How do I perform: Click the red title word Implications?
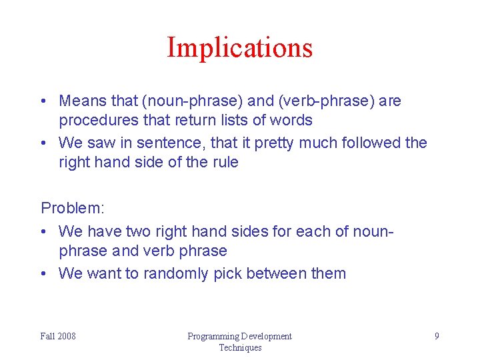pyautogui.click(x=239, y=48)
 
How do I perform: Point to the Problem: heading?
pyautogui.click(x=73, y=208)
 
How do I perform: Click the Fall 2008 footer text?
pyautogui.click(x=58, y=336)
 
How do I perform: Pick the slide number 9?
pyautogui.click(x=437, y=336)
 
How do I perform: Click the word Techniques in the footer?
pyautogui.click(x=240, y=347)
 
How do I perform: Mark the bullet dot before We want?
pyautogui.click(x=44, y=273)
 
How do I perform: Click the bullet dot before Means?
pyautogui.click(x=44, y=101)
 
